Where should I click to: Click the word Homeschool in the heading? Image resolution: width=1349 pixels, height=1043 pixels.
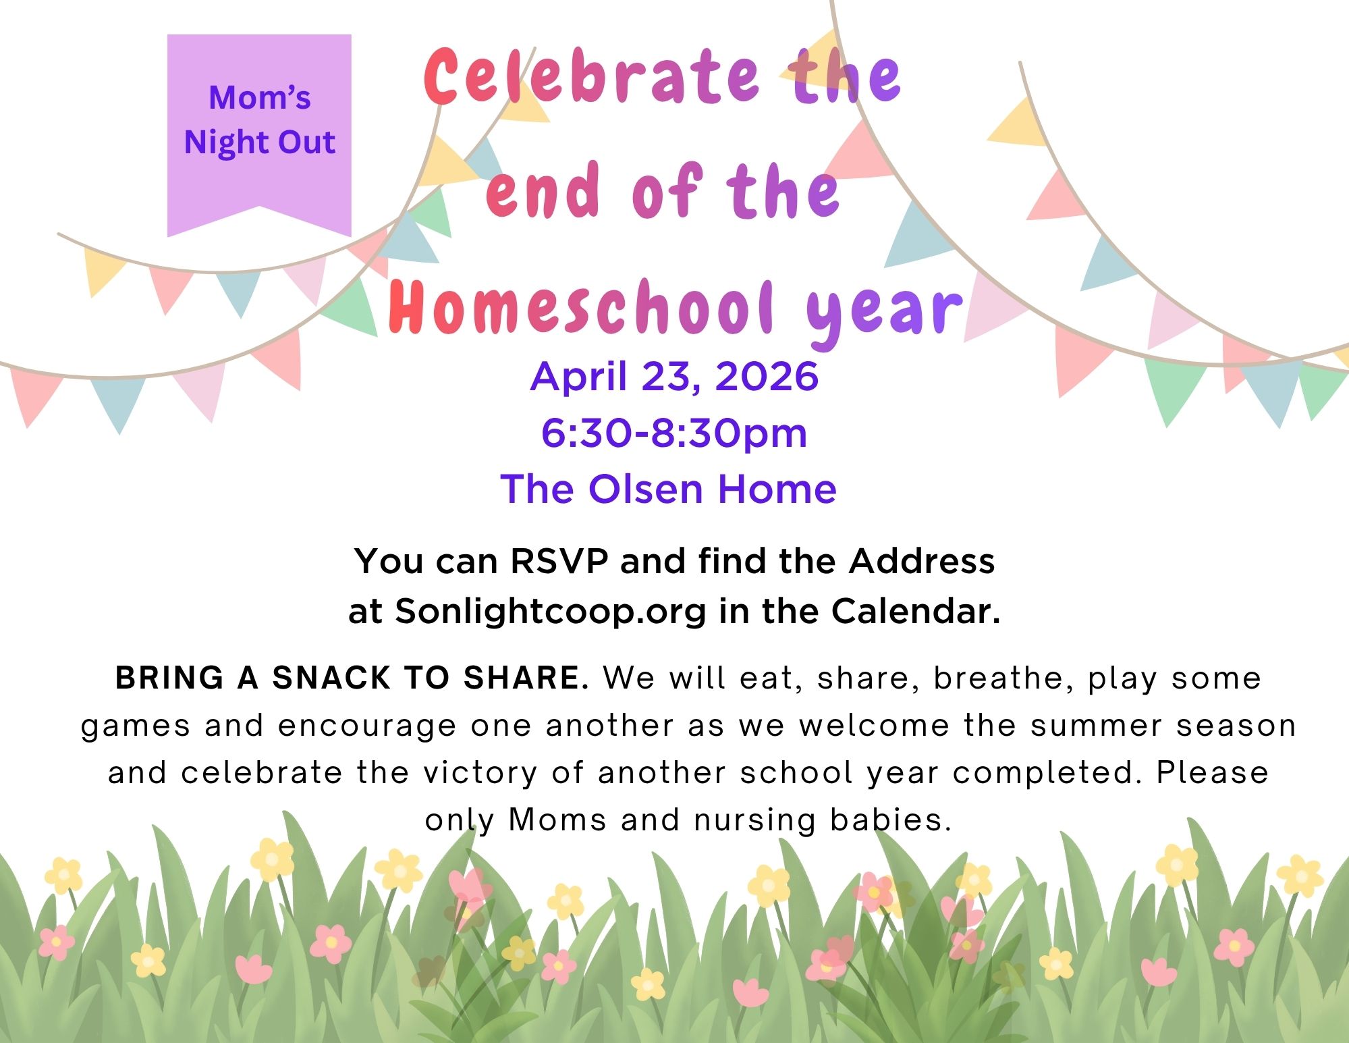pyautogui.click(x=581, y=307)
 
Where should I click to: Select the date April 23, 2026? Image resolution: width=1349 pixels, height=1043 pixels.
pyautogui.click(x=674, y=377)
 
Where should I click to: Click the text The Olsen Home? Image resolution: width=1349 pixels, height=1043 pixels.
pyautogui.click(x=668, y=489)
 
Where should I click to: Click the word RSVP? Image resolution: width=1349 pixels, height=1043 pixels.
pyautogui.click(x=559, y=562)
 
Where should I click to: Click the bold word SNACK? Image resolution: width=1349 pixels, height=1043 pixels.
pyautogui.click(x=331, y=678)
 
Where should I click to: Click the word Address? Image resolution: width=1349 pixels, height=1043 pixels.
pyautogui.click(x=922, y=562)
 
